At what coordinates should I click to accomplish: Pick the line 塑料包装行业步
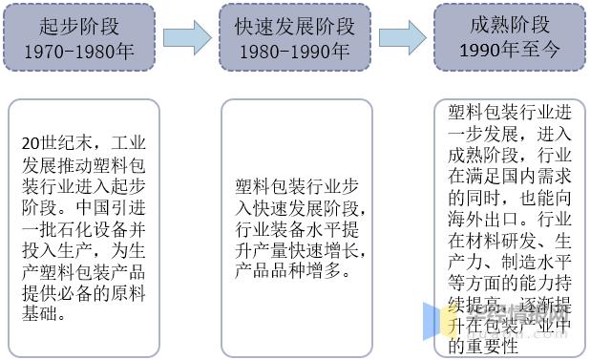[x=297, y=186]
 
